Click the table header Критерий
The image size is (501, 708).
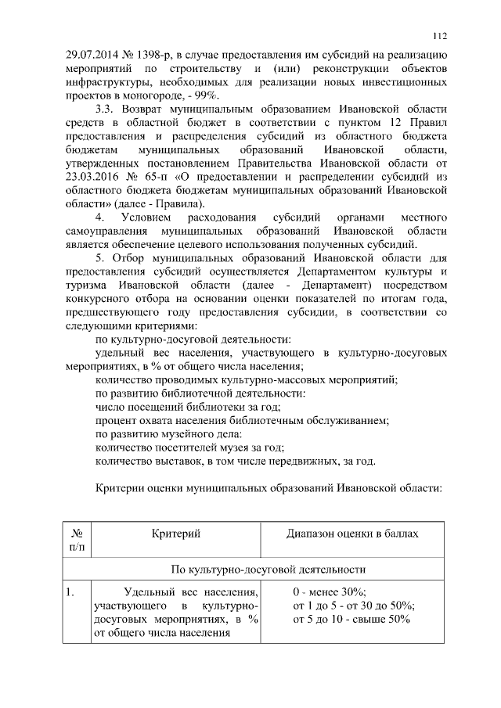click(176, 534)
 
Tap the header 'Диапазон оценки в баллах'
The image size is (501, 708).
click(353, 534)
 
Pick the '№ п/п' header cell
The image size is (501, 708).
click(77, 541)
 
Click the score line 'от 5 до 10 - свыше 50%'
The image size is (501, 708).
click(351, 620)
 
